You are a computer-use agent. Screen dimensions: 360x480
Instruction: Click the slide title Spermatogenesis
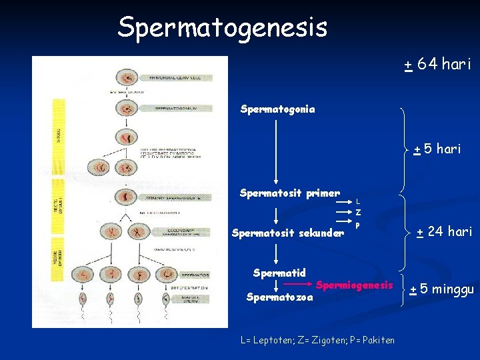point(222,27)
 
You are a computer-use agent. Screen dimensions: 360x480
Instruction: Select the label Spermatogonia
point(277,108)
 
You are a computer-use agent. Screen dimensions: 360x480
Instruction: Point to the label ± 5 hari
point(437,149)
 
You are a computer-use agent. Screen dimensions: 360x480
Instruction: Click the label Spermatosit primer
point(289,194)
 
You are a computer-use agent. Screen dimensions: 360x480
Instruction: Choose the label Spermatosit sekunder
point(287,233)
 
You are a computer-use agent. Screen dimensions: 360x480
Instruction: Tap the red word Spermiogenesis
point(355,285)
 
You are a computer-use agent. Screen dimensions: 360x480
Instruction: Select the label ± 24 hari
point(444,232)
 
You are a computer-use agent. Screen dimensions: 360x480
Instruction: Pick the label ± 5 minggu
point(442,289)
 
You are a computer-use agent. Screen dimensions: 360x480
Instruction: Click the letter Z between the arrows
point(358,213)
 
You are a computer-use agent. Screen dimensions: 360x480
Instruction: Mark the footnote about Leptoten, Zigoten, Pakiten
point(317,340)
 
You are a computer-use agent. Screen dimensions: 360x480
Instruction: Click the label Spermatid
point(279,273)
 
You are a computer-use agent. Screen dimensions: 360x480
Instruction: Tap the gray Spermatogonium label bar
point(177,108)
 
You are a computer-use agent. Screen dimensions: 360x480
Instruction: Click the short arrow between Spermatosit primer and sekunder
point(277,215)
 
